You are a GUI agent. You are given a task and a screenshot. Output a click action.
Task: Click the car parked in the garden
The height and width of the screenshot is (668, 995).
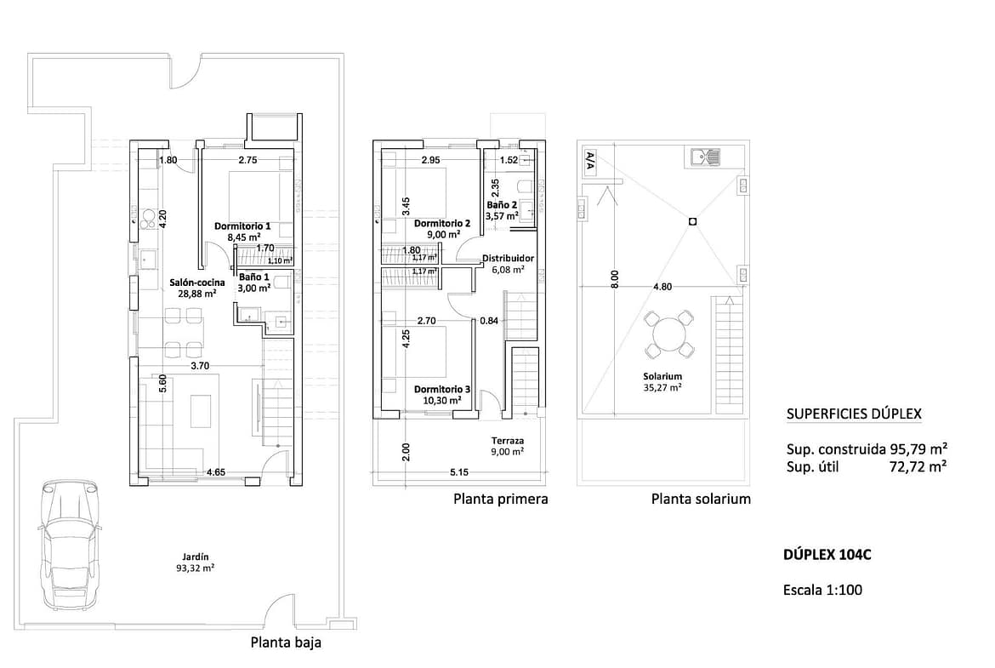(x=68, y=545)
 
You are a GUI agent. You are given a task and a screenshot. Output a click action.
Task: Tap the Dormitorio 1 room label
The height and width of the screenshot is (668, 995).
(x=242, y=226)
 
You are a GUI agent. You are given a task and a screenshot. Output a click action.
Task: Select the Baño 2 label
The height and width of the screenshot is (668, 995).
(x=501, y=205)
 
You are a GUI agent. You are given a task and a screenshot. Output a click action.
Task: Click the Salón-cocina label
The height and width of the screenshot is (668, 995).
(x=196, y=283)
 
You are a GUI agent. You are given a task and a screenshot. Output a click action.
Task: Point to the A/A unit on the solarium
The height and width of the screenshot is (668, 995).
(x=589, y=163)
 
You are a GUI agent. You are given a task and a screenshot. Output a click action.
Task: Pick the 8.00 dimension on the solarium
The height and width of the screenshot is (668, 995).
(x=614, y=280)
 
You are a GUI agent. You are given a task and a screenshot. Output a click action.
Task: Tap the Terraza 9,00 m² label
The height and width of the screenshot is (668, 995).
(x=508, y=446)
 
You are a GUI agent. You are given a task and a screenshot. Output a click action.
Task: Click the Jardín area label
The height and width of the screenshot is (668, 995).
(x=195, y=562)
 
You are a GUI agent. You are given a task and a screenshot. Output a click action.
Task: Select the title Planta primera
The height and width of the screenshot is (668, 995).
(x=501, y=500)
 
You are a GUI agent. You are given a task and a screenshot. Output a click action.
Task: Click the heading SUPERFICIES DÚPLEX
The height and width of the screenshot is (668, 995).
(x=854, y=414)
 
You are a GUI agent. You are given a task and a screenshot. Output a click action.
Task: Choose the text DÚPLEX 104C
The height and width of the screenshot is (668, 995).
(x=827, y=554)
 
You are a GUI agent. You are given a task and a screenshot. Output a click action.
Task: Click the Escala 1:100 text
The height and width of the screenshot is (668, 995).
(x=822, y=590)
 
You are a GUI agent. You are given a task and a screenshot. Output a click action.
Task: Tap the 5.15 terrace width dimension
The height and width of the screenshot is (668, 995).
(x=458, y=471)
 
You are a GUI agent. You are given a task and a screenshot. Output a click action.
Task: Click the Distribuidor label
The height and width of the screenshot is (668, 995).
(x=509, y=259)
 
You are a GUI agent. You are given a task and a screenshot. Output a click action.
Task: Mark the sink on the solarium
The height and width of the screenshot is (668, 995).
(x=703, y=157)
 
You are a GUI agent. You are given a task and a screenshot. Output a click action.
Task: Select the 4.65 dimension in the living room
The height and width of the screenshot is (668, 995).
(x=216, y=471)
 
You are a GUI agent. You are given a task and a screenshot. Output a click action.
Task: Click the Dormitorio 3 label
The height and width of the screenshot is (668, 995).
(x=442, y=389)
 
